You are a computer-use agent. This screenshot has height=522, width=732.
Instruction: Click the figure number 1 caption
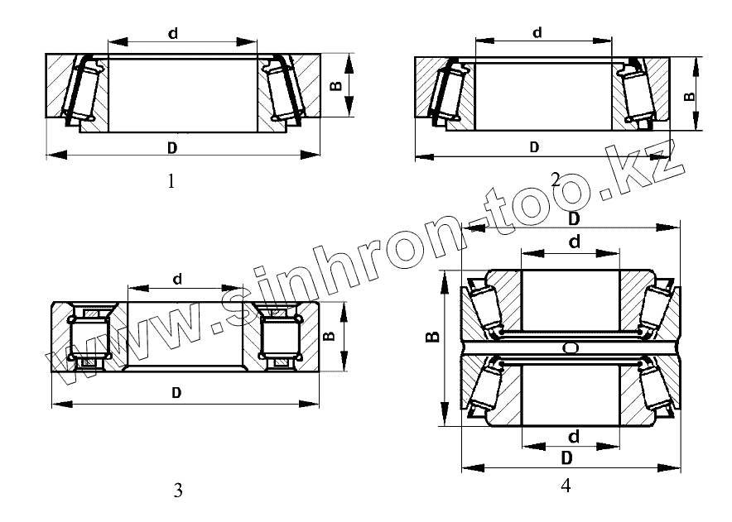171,181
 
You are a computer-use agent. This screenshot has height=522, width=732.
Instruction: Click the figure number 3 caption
178,491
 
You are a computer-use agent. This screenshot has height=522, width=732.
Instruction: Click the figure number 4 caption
566,486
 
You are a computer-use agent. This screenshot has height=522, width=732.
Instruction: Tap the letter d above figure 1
173,34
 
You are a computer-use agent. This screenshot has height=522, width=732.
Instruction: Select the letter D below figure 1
172,148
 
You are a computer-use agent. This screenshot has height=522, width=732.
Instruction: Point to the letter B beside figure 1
336,86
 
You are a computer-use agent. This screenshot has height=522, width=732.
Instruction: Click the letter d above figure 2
537,32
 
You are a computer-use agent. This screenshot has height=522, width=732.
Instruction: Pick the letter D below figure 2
535,147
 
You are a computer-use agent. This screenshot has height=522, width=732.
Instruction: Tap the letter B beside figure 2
690,97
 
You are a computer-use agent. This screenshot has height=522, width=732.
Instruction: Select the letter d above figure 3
177,280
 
